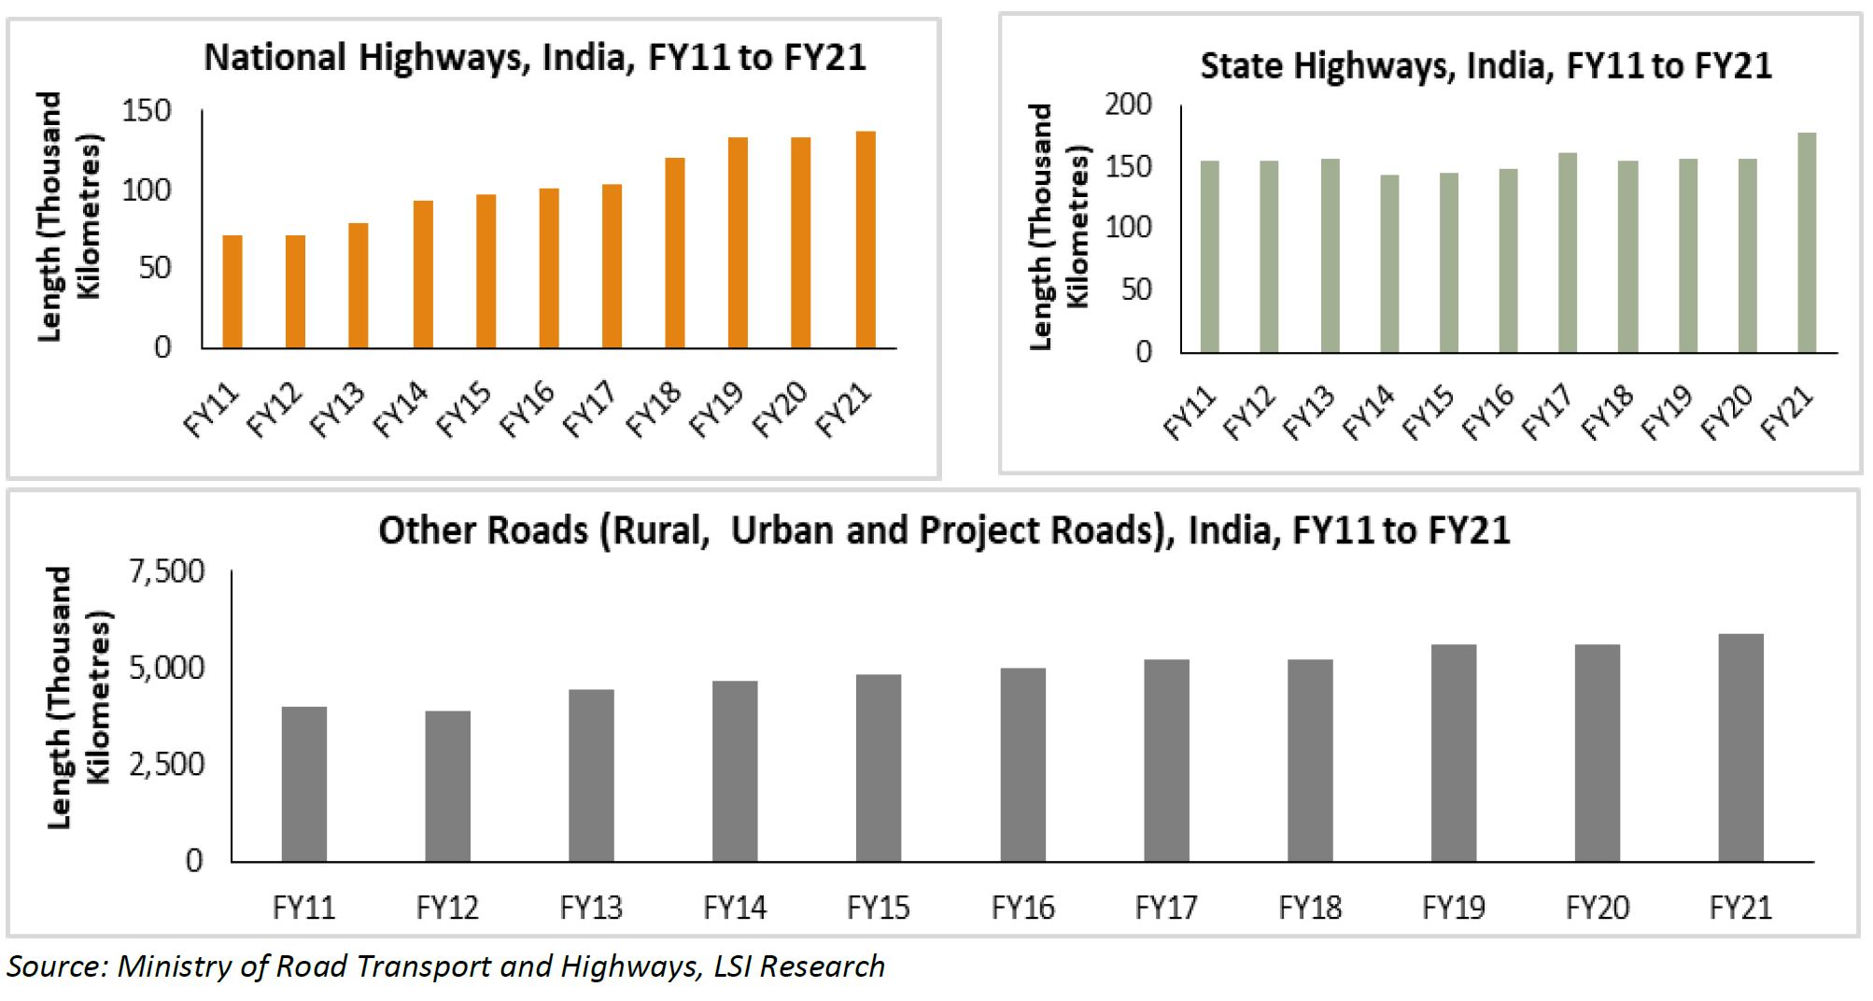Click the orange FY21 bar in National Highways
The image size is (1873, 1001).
pyautogui.click(x=866, y=240)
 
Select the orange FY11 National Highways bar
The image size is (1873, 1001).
pyautogui.click(x=232, y=291)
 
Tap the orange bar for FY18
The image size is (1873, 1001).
pyautogui.click(x=674, y=253)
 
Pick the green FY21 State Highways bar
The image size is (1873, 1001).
pyautogui.click(x=1807, y=243)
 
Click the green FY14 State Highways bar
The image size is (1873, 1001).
pyautogui.click(x=1389, y=263)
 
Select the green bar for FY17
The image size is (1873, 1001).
pyautogui.click(x=1568, y=253)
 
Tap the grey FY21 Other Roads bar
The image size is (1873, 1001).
pyautogui.click(x=1740, y=747)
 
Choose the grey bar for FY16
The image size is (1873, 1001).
pyautogui.click(x=1022, y=764)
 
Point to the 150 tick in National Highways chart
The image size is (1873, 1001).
pyautogui.click(x=147, y=111)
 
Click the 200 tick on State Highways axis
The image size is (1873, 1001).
pyautogui.click(x=1128, y=105)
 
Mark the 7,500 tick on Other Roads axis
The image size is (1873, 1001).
pyautogui.click(x=167, y=571)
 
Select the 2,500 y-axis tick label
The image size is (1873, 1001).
pyautogui.click(x=167, y=764)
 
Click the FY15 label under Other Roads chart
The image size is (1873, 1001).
pyautogui.click(x=878, y=907)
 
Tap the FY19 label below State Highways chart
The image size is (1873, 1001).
pyautogui.click(x=1667, y=413)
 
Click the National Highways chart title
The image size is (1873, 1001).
pyautogui.click(x=535, y=58)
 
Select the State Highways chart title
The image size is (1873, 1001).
pyautogui.click(x=1486, y=66)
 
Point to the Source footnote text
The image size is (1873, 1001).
pyautogui.click(x=445, y=966)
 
